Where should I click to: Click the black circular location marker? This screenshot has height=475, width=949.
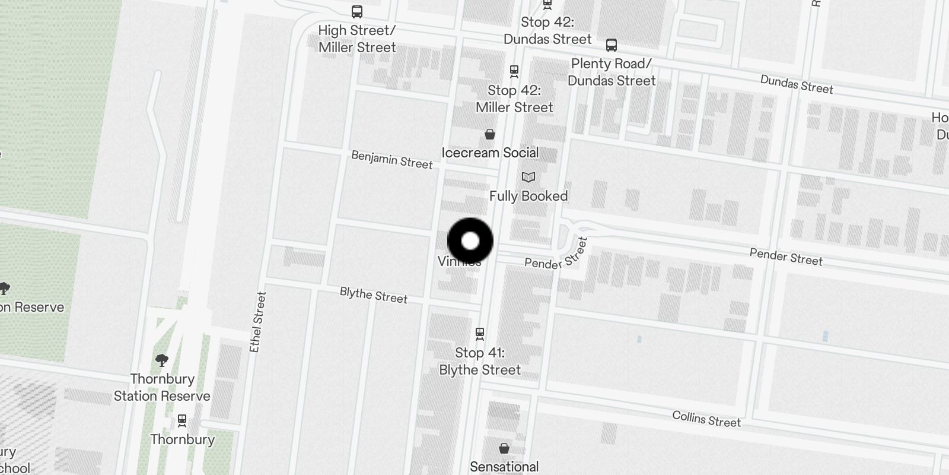pos(470,241)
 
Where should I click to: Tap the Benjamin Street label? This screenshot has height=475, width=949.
pos(392,160)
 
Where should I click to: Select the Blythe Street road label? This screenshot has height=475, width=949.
pos(374,295)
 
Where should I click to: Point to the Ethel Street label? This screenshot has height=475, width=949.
pos(258,322)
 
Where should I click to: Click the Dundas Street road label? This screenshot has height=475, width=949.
pos(797,84)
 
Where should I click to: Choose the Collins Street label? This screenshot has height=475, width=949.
pos(706,419)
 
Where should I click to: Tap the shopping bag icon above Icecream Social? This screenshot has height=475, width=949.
pos(490,134)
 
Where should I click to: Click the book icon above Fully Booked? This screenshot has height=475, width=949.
pos(528,177)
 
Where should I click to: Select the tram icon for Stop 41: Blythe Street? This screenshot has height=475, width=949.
pos(480,334)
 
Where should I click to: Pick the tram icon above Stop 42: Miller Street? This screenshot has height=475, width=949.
pos(514,71)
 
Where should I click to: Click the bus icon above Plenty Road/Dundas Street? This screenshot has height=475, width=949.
pos(612,45)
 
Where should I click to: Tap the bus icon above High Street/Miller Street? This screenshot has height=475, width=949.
pos(357,11)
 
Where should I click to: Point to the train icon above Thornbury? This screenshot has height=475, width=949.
pos(182,420)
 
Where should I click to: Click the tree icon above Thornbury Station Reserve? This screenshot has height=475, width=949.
pos(161,360)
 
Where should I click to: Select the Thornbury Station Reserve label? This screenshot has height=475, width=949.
pos(162,387)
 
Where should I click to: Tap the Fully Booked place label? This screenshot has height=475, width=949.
pos(528,196)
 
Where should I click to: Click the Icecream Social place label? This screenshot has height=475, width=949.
pos(490,153)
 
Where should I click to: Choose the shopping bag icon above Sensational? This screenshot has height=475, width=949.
pos(504,448)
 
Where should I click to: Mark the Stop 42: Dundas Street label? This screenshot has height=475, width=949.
pos(547,31)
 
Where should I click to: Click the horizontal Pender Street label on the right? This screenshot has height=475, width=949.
pos(786,256)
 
